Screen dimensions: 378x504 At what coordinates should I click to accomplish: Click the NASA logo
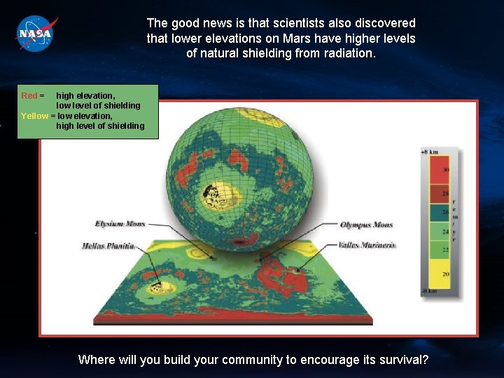click(36, 32)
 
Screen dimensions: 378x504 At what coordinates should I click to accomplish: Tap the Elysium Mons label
click(120, 223)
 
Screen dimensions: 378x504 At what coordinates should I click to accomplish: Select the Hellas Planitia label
click(108, 246)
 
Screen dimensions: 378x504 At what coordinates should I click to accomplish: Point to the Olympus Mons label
click(366, 225)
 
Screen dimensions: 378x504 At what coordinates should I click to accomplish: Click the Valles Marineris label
click(367, 245)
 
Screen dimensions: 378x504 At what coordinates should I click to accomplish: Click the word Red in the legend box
click(29, 95)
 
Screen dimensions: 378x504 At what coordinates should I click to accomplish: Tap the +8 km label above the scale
click(429, 151)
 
